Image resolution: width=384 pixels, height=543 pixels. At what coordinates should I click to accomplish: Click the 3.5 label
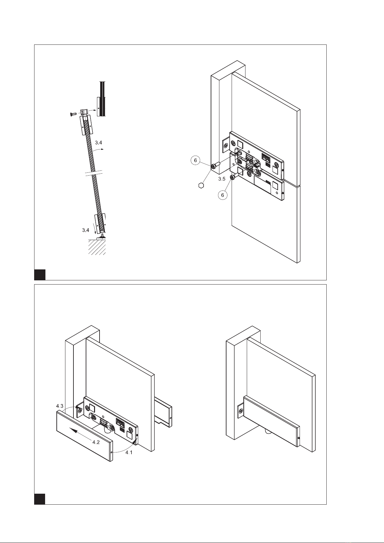click(222, 179)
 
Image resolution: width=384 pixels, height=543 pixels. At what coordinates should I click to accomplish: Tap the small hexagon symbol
click(201, 186)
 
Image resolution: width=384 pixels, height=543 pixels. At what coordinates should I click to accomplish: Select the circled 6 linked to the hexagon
click(195, 160)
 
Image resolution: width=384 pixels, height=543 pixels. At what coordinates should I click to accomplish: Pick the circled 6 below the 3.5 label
click(223, 195)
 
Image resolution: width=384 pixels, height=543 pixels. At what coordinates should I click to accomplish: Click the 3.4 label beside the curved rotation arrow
click(98, 142)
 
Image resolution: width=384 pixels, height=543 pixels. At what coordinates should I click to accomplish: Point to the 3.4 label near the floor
click(85, 230)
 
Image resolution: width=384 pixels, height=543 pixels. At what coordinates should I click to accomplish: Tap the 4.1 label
click(129, 452)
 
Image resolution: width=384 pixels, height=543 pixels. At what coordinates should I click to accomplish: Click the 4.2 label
click(96, 442)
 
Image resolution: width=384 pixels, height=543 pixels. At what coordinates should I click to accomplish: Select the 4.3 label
click(60, 406)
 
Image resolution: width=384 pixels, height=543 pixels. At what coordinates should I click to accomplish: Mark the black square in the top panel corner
click(40, 275)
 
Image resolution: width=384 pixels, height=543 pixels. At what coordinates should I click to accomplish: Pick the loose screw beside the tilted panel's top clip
click(72, 114)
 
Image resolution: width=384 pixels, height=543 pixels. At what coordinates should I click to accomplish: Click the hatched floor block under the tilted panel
click(97, 247)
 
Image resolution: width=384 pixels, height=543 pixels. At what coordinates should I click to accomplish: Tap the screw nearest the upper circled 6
click(216, 166)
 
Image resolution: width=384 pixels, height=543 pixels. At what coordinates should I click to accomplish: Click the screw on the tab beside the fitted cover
click(240, 411)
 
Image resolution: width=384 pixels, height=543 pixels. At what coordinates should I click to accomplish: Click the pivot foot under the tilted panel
click(102, 236)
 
